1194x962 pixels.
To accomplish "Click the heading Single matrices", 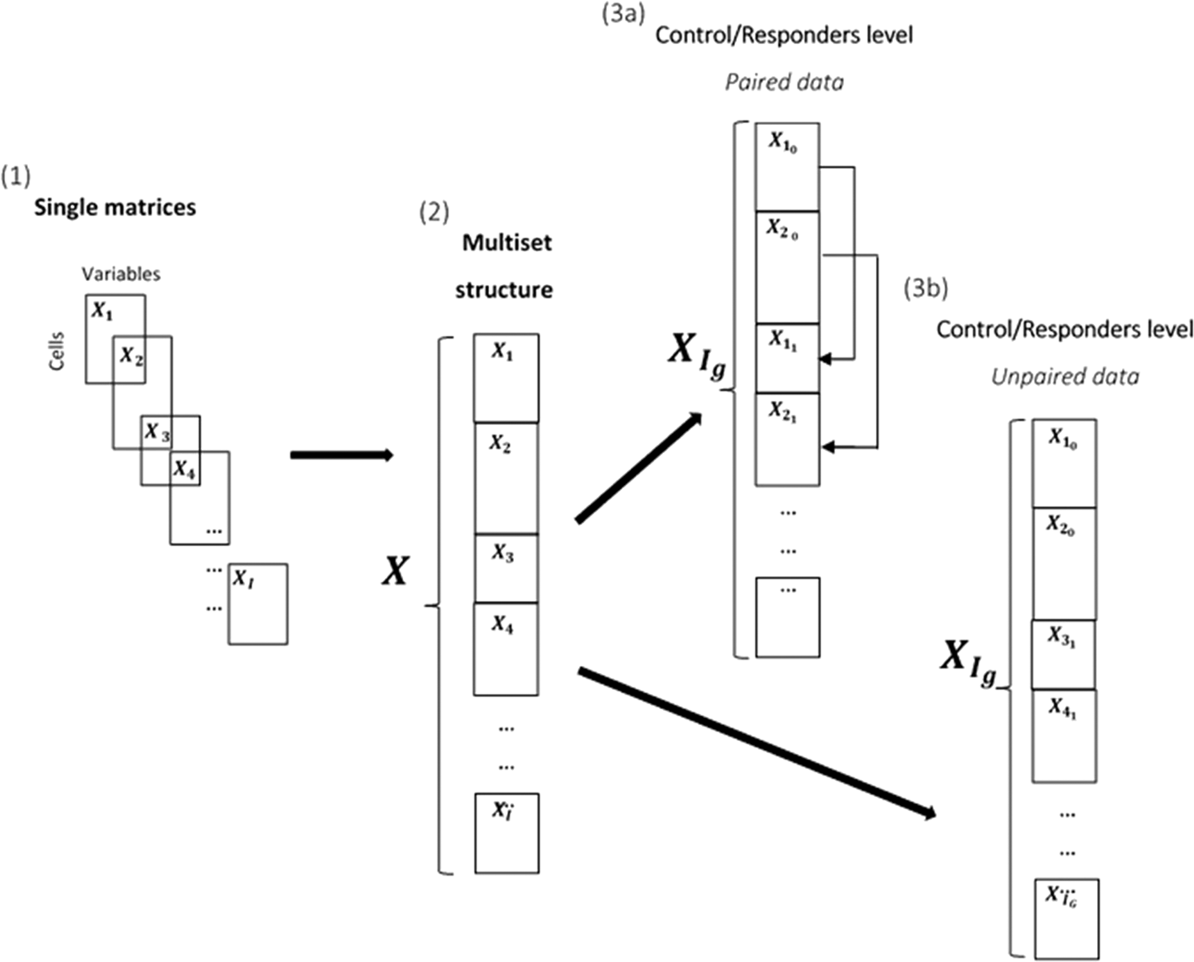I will click(115, 207).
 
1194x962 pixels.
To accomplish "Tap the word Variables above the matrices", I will click(121, 274).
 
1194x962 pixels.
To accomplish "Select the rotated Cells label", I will click(56, 351).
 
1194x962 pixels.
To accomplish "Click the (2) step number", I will click(434, 212).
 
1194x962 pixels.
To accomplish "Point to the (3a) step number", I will click(623, 14).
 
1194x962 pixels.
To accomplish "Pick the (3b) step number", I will click(926, 288).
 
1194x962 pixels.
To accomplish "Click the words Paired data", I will click(784, 82).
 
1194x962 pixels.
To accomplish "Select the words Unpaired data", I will click(1064, 376).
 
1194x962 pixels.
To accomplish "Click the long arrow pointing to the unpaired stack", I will click(757, 743).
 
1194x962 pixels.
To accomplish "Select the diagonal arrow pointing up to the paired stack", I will click(638, 467).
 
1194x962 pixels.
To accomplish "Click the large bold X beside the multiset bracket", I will click(395, 571).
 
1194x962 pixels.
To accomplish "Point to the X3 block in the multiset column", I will click(505, 568).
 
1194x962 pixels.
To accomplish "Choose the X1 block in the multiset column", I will click(505, 378).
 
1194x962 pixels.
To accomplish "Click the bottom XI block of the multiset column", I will click(506, 832).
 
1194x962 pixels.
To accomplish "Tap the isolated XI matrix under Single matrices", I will click(257, 603).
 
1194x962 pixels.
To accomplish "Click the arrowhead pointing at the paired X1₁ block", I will click(828, 359).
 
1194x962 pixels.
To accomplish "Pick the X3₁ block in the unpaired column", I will click(1063, 654).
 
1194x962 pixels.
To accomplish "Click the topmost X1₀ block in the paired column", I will click(786, 166).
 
